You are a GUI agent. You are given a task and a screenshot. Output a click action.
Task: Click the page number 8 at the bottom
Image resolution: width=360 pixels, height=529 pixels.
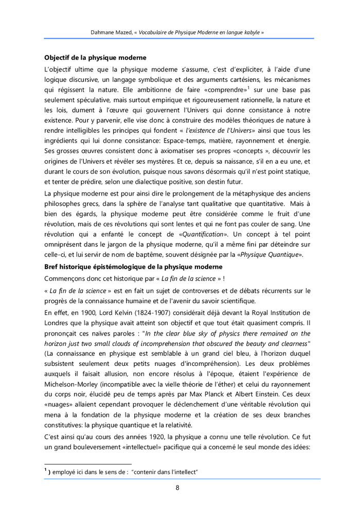coord(177,488)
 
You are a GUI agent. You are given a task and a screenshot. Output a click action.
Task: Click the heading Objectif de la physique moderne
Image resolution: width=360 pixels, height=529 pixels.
coord(95,58)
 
